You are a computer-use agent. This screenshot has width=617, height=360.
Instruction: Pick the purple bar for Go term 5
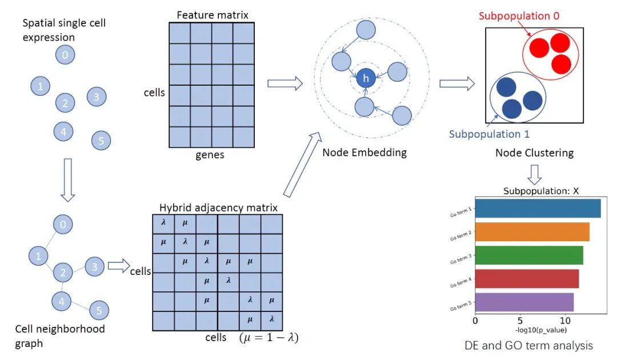[x=524, y=302]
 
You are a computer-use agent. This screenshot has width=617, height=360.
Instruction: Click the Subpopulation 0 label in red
[x=519, y=16]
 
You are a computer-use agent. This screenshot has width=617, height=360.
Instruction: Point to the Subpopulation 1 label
[x=489, y=134]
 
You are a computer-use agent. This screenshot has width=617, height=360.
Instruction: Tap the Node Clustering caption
[x=534, y=153]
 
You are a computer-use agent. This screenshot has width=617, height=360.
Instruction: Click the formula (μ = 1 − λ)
[x=269, y=337]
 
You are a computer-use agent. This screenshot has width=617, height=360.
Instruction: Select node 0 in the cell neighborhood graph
[x=63, y=224]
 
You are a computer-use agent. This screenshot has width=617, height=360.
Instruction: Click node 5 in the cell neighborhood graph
[x=99, y=310]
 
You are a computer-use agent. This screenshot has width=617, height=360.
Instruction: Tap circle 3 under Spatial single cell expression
[x=97, y=97]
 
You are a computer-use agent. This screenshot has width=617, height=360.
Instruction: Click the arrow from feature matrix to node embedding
[x=285, y=83]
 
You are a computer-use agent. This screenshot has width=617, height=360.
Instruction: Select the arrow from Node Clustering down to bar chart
[x=534, y=173]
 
